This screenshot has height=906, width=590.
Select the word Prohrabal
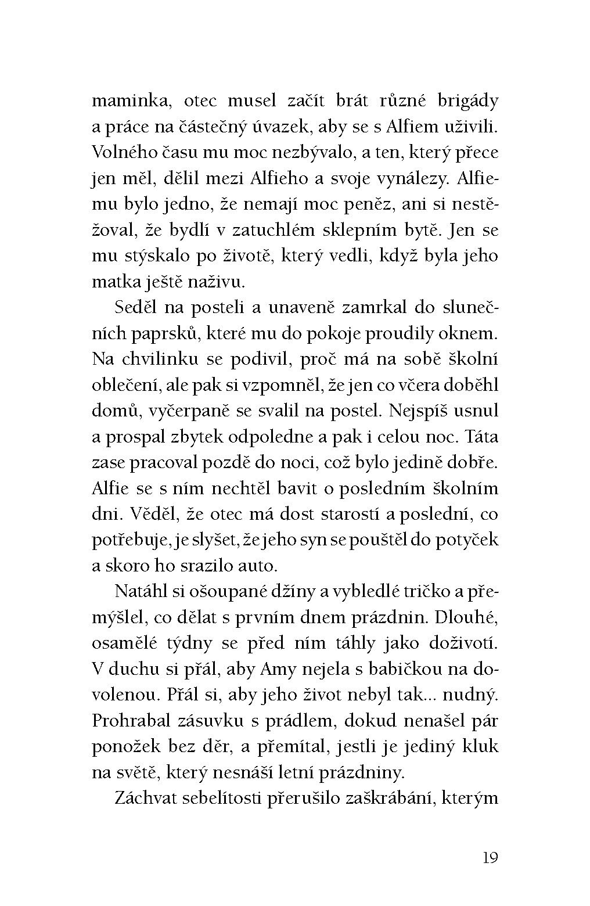(131, 721)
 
